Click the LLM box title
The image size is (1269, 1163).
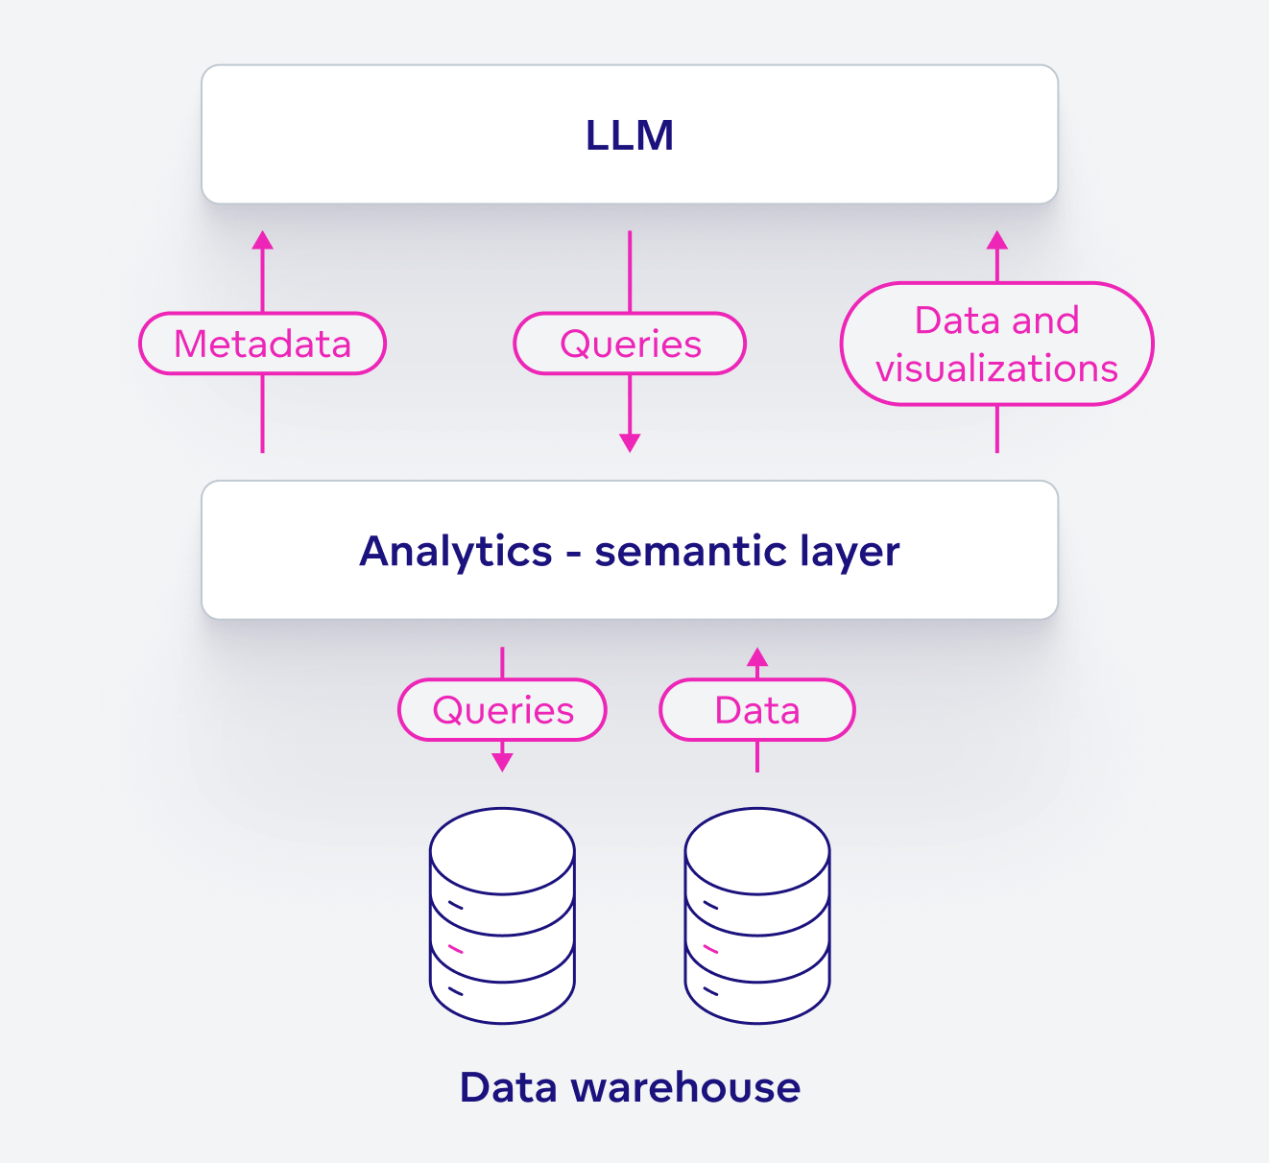coord(630,135)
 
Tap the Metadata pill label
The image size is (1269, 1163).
coord(262,344)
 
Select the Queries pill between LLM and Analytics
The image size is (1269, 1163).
coord(630,344)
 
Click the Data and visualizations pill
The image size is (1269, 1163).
coord(996,344)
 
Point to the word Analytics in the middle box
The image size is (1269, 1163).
coord(456,552)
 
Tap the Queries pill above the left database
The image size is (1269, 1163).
coord(502,710)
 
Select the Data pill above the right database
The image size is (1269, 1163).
coord(756,710)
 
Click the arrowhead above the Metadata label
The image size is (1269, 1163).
coord(262,240)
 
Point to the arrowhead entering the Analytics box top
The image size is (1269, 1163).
coord(630,443)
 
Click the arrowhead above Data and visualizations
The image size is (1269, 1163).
coord(996,240)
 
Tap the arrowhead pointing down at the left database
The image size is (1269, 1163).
coord(502,763)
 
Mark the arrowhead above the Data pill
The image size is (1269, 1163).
coord(757,657)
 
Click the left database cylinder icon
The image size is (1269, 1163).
coord(502,916)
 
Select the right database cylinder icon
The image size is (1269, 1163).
coord(757,916)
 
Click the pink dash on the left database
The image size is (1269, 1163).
coord(456,949)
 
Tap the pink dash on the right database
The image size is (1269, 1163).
coord(711,949)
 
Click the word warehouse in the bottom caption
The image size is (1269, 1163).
coord(685,1088)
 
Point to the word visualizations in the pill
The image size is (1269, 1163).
coord(996,368)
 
